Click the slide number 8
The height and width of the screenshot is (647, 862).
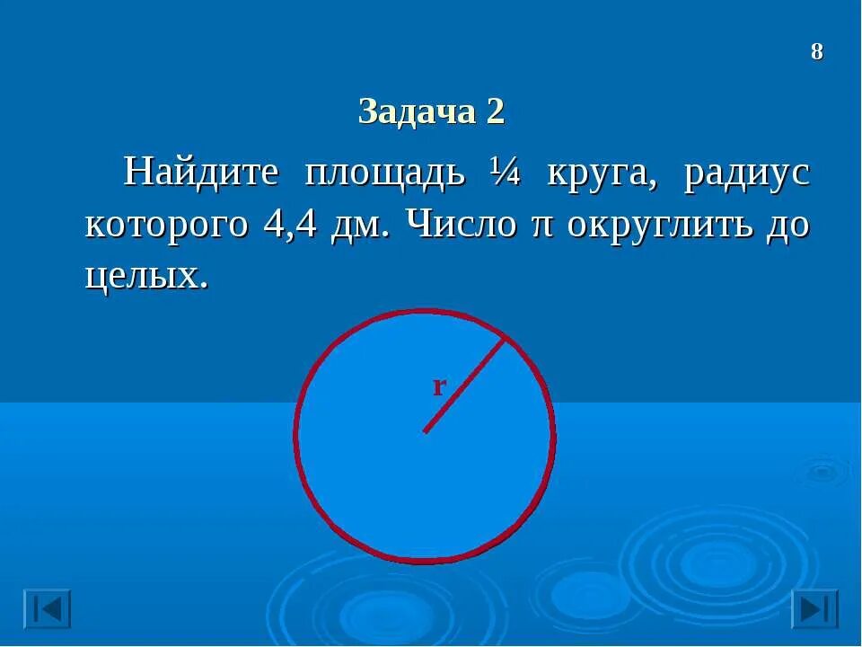816,52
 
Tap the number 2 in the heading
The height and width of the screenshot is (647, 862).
495,112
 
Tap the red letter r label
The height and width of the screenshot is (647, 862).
439,386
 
